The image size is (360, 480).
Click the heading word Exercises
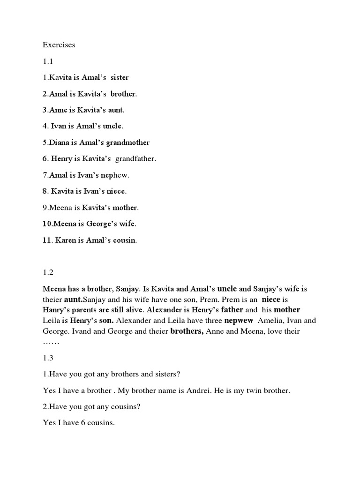pyautogui.click(x=59, y=45)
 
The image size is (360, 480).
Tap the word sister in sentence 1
pyautogui.click(x=119, y=77)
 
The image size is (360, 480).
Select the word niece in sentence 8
pyautogui.click(x=116, y=191)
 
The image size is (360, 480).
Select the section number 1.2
pyautogui.click(x=48, y=272)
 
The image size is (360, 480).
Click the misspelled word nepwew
pyautogui.click(x=239, y=321)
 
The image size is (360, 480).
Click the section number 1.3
pyautogui.click(x=48, y=358)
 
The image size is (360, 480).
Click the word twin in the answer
pyautogui.click(x=249, y=390)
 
